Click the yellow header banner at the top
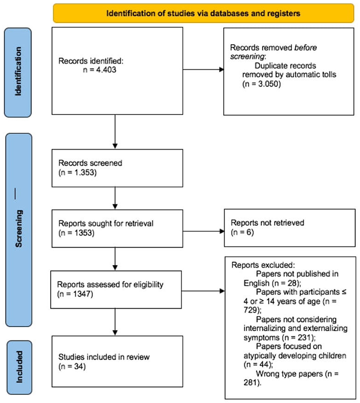(x=203, y=13)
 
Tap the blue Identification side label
(x=18, y=72)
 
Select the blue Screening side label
(x=18, y=230)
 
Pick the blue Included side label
(x=19, y=367)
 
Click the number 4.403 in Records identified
(x=106, y=70)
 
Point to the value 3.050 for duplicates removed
(x=269, y=84)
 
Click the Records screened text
(x=90, y=163)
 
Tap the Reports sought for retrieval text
(x=106, y=223)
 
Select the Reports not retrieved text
(x=267, y=223)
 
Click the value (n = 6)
(x=242, y=232)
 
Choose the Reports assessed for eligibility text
(x=110, y=284)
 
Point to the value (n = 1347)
(x=75, y=294)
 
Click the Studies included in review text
(x=104, y=357)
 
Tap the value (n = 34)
(x=72, y=366)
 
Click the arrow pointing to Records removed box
(x=203, y=69)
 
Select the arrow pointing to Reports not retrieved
(x=204, y=231)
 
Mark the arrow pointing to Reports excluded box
(x=203, y=291)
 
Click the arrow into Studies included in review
(x=115, y=322)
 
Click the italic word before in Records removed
(x=305, y=48)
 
